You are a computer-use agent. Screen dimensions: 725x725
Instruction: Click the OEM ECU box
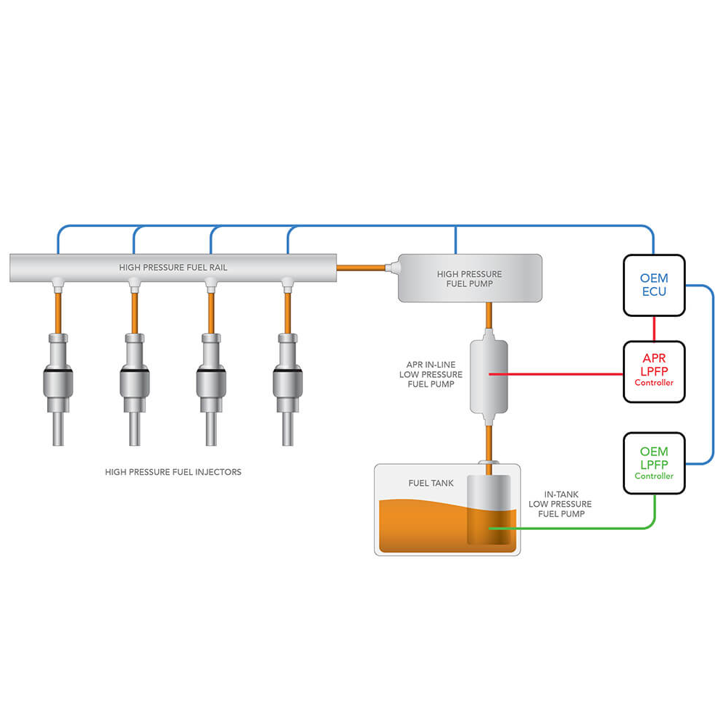click(654, 285)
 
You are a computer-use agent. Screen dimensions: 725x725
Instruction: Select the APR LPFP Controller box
click(654, 371)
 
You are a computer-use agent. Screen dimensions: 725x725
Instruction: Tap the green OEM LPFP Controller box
click(654, 463)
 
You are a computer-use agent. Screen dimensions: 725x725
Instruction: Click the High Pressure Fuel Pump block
click(470, 278)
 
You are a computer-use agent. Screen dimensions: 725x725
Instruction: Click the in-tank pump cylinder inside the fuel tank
click(489, 507)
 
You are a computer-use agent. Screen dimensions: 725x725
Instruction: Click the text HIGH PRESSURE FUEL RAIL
click(173, 268)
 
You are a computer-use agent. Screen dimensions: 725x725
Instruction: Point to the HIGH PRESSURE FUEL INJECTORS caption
click(173, 472)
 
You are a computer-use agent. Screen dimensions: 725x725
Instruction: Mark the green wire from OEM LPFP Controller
click(580, 528)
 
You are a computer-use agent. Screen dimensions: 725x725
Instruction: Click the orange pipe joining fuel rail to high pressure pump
click(362, 268)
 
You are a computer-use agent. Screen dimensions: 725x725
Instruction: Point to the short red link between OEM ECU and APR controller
click(654, 328)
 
